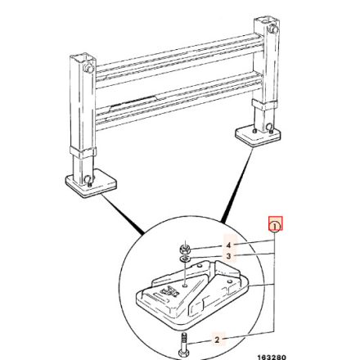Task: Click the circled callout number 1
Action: (276, 223)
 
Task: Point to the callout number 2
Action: (218, 338)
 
